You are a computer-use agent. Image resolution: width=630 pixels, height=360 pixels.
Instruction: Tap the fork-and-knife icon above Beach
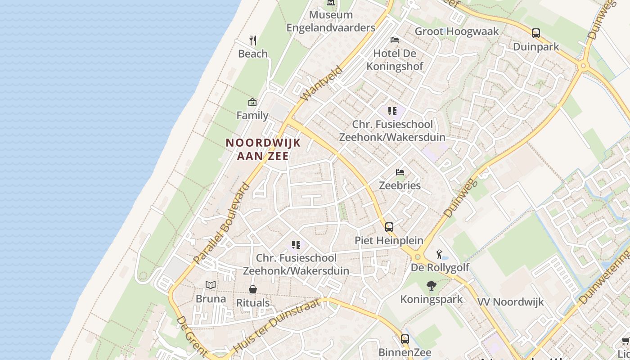coord(253,40)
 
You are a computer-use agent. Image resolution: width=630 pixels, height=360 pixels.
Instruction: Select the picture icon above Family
coord(252,103)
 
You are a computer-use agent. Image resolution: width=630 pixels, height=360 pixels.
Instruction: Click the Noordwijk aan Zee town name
coord(263,149)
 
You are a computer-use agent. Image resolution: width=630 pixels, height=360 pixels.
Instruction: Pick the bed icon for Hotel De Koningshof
coord(395,40)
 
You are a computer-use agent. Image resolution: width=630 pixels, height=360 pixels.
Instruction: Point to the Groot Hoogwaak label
coord(457,31)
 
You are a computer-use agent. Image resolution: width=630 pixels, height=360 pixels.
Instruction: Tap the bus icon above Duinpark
coord(535,33)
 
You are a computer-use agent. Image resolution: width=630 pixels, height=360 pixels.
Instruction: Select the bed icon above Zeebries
coord(400,172)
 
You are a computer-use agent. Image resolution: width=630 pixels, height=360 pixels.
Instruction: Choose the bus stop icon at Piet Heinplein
coord(389,227)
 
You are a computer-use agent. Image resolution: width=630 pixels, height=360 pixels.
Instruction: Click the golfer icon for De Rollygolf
coord(439,255)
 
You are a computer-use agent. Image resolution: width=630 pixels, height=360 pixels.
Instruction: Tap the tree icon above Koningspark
coord(431,286)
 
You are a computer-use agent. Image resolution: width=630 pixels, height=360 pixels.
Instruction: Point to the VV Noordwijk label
coord(510,301)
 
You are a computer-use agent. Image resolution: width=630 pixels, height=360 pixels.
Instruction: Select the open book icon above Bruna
coord(211,285)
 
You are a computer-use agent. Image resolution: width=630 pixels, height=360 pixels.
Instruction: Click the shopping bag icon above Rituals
coord(253,289)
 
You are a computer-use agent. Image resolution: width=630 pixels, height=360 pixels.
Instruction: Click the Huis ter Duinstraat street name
coord(278,325)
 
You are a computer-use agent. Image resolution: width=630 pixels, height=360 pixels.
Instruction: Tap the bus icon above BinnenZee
coord(405,339)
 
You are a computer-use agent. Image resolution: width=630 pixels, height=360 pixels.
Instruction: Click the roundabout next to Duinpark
coord(584,66)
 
